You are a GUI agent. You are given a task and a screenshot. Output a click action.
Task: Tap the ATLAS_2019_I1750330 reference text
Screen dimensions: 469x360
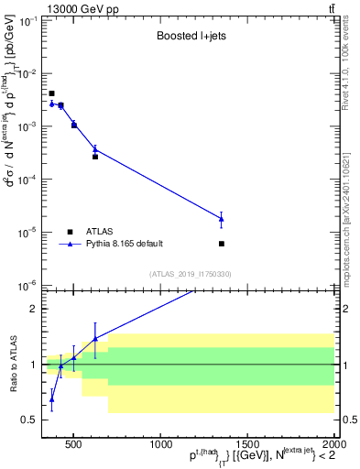pos(191,274)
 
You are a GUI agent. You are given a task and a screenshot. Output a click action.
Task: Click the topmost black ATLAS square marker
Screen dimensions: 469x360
pos(52,93)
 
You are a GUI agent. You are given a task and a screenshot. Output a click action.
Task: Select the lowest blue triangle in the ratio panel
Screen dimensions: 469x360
pos(52,398)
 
